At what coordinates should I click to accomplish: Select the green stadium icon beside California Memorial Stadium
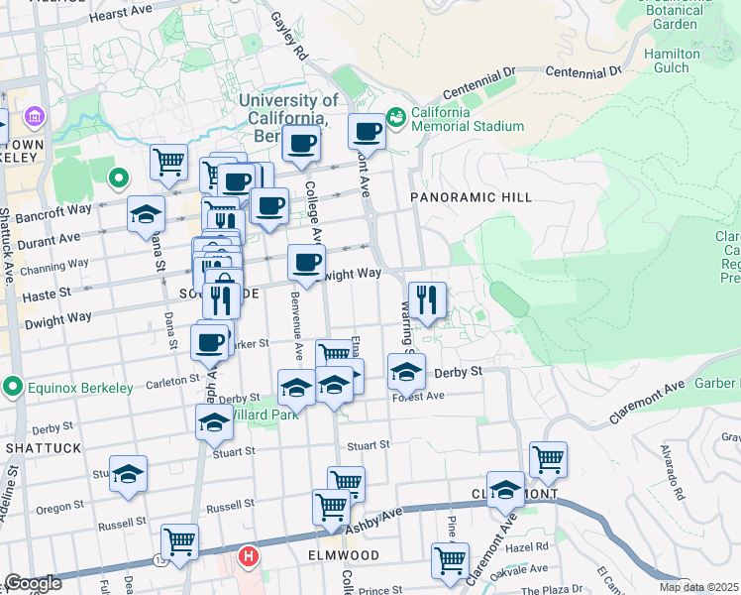coord(396,118)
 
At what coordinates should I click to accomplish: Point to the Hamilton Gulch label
coord(672,60)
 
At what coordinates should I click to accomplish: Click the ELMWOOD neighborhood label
coord(344,555)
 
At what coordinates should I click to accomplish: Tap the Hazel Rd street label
coord(527,546)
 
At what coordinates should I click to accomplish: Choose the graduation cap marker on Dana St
coord(146,212)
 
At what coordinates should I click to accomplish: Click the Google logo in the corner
coord(33,583)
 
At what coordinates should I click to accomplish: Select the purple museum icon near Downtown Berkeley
coord(35,119)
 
